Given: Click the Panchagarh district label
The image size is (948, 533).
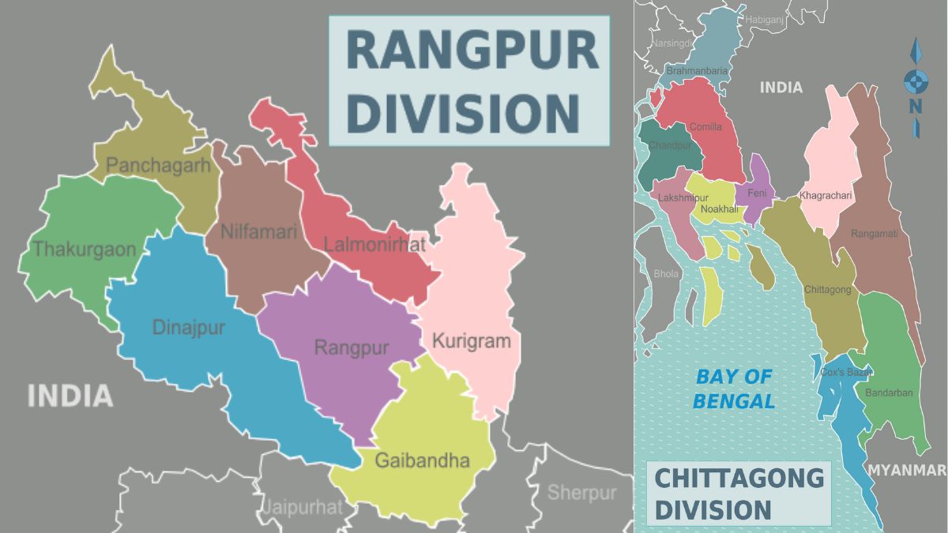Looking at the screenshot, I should tap(159, 165).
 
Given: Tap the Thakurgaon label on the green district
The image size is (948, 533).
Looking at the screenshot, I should tap(85, 250).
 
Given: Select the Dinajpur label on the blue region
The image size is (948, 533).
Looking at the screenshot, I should tap(188, 327).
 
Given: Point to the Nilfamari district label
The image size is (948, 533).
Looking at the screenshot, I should tap(258, 232).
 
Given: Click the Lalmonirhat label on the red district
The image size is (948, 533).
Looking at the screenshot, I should tap(374, 245).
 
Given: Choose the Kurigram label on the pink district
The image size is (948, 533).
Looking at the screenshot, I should tap(472, 342).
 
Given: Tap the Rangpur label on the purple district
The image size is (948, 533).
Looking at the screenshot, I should tap(352, 347).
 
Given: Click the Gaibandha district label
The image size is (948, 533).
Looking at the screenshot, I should tap(422, 460).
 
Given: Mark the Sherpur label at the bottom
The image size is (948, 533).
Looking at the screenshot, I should tap(581, 493).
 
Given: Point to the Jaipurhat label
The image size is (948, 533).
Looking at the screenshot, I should tap(303, 506).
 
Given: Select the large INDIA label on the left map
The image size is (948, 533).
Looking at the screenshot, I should tap(70, 396).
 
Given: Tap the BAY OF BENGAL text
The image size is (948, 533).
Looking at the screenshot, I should tap(734, 388).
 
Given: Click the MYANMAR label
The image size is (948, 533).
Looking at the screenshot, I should tap(907, 470).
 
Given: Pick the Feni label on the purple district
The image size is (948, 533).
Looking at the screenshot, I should tap(756, 193).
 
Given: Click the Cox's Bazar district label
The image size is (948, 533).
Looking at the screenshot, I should tap(845, 372).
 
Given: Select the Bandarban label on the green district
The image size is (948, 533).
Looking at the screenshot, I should tap(889, 392).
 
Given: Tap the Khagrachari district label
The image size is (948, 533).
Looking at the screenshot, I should tap(826, 195).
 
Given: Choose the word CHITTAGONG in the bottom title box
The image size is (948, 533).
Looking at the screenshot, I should tap(739, 478).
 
